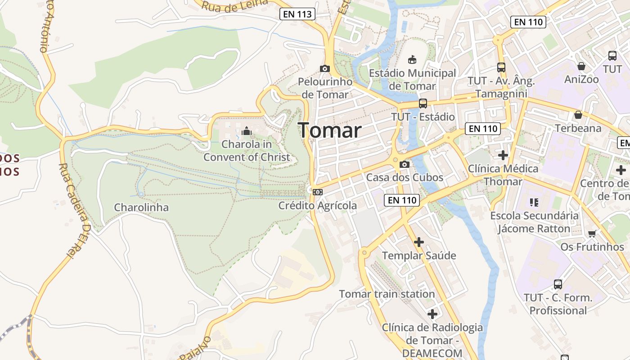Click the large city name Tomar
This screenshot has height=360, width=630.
click(330, 130)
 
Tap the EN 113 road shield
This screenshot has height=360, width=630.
click(297, 14)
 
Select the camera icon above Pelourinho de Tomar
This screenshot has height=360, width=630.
click(324, 69)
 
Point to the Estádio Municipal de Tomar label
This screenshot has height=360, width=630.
click(412, 79)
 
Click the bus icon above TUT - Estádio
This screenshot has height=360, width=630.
click(423, 103)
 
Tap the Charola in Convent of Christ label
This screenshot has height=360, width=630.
click(247, 151)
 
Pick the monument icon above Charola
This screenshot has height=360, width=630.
click(246, 131)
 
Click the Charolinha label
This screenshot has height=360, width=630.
click(141, 207)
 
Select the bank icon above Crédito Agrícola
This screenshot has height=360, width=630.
click(318, 192)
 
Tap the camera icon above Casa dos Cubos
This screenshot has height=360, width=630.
click(405, 164)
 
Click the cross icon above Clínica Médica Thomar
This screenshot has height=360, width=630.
click(503, 155)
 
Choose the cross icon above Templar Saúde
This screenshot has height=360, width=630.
click(419, 242)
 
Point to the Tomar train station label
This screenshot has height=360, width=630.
click(387, 294)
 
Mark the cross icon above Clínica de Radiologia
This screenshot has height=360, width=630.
click(432, 314)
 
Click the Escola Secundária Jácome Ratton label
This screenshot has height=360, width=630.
click(534, 222)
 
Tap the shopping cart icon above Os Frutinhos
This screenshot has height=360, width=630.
click(592, 234)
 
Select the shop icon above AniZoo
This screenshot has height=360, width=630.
click(581, 66)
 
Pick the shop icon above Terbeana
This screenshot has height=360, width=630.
click(578, 115)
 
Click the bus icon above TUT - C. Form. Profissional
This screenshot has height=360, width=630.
click(558, 284)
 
